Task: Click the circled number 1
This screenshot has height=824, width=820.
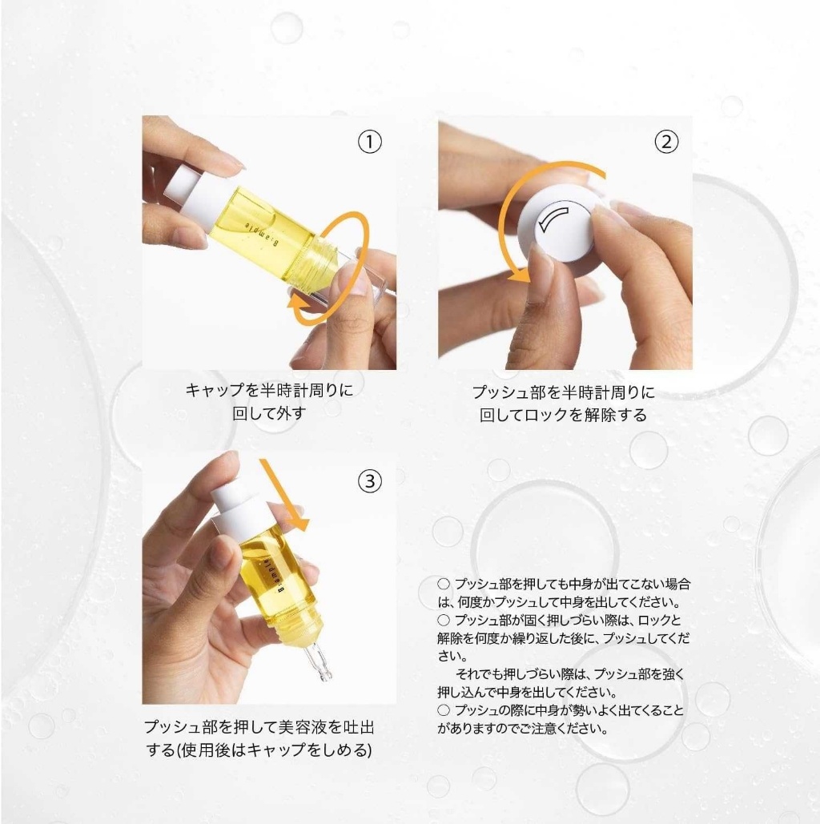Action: pos(369,142)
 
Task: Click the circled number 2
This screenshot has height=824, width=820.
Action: pos(666,142)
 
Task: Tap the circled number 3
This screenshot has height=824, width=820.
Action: pos(369,480)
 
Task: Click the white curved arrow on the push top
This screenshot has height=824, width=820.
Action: pos(553,219)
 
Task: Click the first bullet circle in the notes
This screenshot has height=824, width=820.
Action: pos(444,584)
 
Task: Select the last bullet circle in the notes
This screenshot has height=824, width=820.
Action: pos(444,710)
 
